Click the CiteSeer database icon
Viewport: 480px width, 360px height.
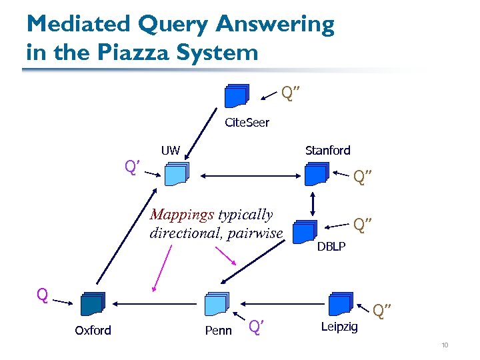click(x=237, y=95)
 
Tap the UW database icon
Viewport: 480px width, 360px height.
click(x=177, y=173)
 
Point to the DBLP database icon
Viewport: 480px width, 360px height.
click(x=305, y=230)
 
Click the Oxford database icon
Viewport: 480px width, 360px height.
click(x=93, y=303)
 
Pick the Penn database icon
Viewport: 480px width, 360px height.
click(x=217, y=303)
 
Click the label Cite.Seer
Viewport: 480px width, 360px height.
click(x=247, y=123)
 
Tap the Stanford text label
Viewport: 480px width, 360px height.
click(x=327, y=150)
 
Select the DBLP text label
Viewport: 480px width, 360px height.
click(x=331, y=247)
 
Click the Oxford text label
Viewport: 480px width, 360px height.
click(x=93, y=330)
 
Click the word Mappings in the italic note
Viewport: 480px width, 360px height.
click(x=182, y=215)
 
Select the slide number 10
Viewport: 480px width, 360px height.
click(x=444, y=345)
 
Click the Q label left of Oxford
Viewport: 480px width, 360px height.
click(x=42, y=295)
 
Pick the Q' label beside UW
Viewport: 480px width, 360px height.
click(x=131, y=165)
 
